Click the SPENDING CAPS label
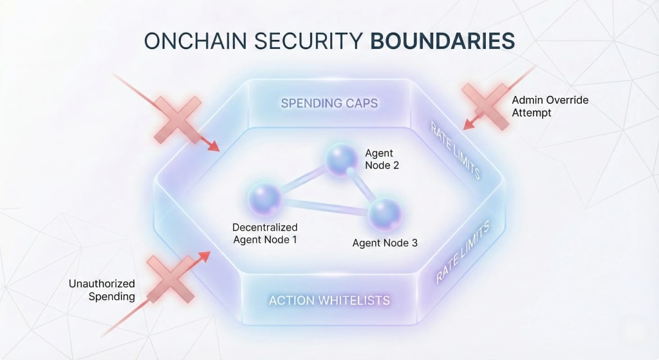pos(329,103)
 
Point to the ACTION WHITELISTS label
pos(329,301)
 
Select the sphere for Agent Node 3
pos(385,214)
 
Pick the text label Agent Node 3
pos(385,243)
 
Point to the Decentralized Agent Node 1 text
pos(265,234)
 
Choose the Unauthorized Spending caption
pos(102,290)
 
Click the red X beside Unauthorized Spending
pos(171,278)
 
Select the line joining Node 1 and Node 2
pos(301,180)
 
